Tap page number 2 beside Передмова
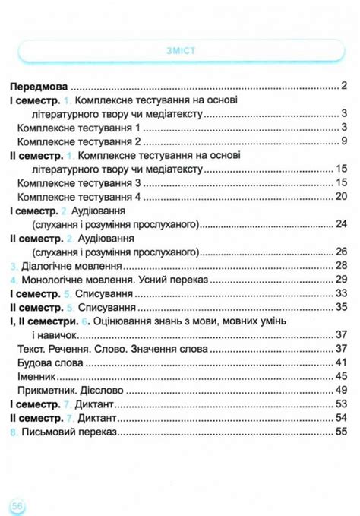(344, 87)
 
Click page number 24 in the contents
(341, 224)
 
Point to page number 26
(341, 252)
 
